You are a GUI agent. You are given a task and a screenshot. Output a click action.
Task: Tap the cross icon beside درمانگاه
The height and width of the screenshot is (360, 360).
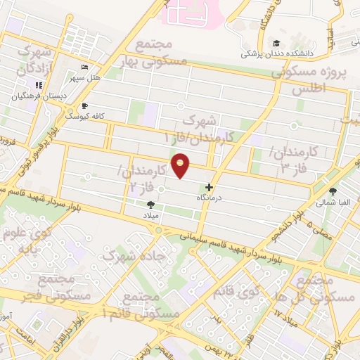(x=209, y=188)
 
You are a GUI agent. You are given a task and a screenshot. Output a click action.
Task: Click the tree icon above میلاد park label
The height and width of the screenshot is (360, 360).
(x=151, y=205)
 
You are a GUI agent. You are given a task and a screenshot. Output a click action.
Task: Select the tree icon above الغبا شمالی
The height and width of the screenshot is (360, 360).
(x=333, y=191)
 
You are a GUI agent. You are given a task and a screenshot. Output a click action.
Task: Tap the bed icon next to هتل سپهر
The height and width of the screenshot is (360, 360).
(x=85, y=67)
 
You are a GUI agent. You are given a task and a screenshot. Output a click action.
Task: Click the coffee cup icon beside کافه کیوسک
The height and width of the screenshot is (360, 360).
(x=85, y=105)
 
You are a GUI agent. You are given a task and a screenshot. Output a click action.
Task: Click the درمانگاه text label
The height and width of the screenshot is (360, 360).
(x=208, y=198)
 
